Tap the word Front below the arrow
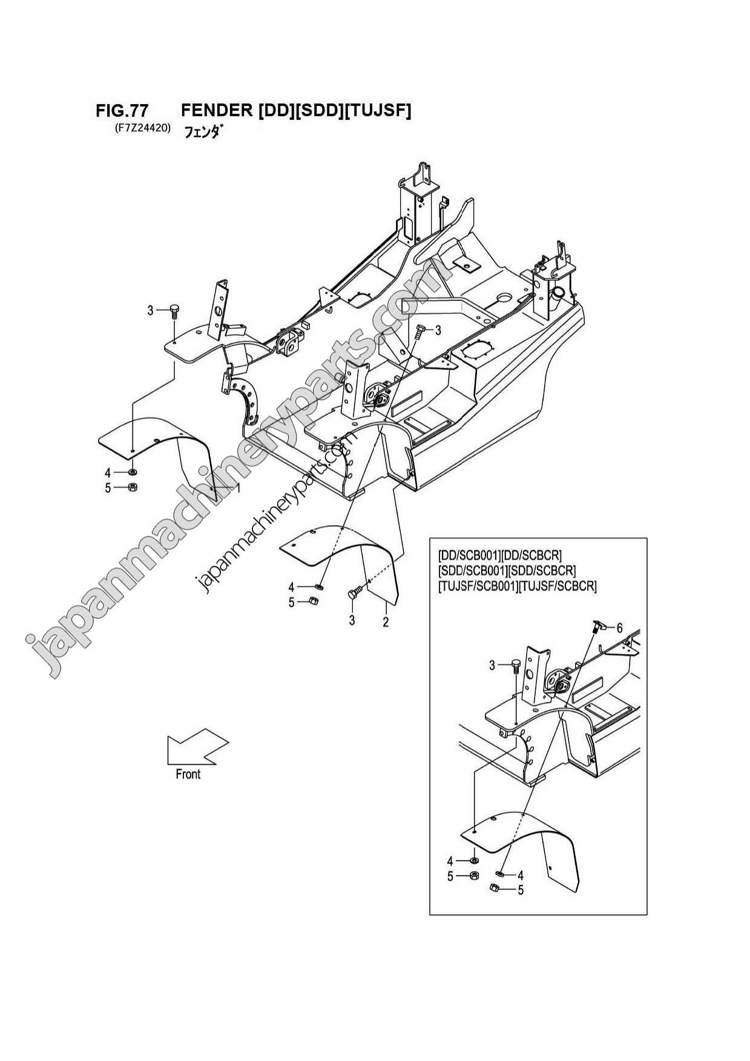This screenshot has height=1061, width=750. coord(188,774)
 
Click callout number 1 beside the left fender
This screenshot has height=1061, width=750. coord(238,488)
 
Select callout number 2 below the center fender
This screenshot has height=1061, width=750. coord(386,621)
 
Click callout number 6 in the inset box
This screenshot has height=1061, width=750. coord(619,629)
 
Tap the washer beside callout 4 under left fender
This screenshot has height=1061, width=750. coord(133,472)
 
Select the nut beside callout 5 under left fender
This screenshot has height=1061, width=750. coord(133,488)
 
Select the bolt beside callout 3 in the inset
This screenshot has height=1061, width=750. coord(516,665)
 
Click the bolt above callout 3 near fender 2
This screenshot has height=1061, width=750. coord(353,594)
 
